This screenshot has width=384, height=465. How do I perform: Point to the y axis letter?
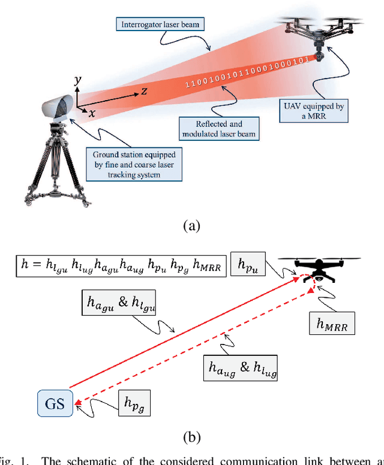tap(76, 80)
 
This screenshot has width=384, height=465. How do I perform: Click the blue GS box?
tap(55, 403)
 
